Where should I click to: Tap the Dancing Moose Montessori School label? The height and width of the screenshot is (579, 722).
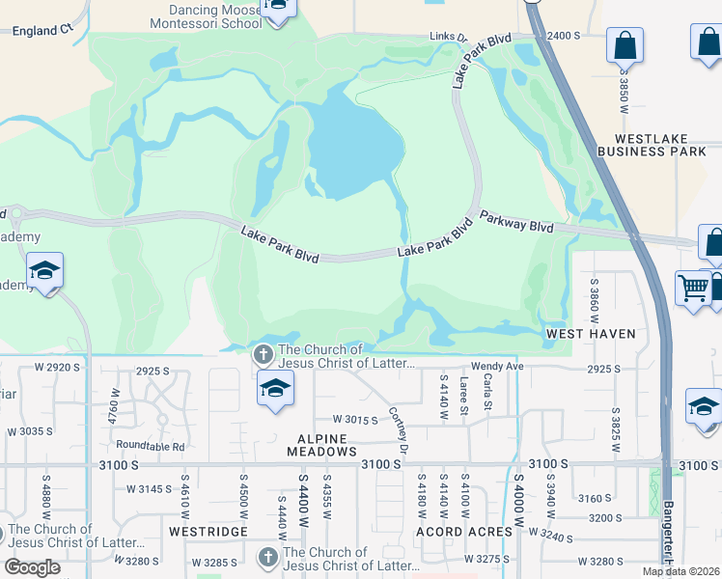[x=207, y=17]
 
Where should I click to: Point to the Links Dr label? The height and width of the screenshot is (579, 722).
[x=448, y=38]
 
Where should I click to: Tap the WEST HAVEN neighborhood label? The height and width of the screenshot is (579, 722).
[x=591, y=334]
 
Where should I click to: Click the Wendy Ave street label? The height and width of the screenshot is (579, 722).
[x=497, y=368]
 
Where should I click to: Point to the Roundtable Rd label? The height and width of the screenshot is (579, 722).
[x=150, y=447]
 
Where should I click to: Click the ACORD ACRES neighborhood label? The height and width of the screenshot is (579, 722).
[x=464, y=532]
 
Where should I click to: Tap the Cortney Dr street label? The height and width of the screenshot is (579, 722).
[x=398, y=426]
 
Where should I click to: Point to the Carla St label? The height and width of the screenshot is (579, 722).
[x=487, y=397]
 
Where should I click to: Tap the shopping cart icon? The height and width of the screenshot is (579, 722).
[x=693, y=287]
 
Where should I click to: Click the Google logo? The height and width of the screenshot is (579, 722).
[x=32, y=567]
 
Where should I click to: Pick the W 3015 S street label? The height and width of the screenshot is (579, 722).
[x=354, y=420]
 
